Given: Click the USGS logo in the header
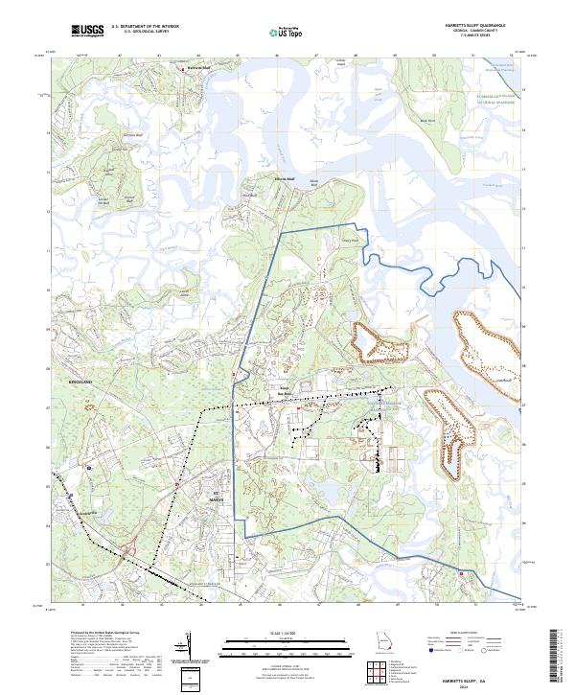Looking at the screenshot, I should (x=87, y=31).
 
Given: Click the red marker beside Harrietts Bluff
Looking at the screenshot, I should (x=185, y=69).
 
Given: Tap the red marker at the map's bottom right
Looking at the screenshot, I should (x=461, y=574).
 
